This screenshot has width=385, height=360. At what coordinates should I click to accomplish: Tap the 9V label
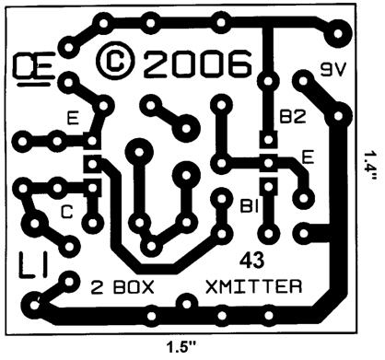(x=333, y=70)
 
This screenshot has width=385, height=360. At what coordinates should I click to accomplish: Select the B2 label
(x=293, y=117)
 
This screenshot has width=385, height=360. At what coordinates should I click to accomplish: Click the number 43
(x=251, y=261)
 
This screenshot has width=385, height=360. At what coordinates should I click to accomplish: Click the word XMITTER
(x=253, y=286)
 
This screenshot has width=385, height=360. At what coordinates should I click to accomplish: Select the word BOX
(x=134, y=287)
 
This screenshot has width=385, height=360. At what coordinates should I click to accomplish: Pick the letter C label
(x=67, y=212)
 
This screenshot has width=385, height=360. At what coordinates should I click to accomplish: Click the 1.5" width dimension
(x=181, y=348)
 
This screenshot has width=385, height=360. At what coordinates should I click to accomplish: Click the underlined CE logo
(x=33, y=70)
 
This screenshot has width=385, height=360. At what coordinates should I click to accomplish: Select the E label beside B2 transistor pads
(x=308, y=158)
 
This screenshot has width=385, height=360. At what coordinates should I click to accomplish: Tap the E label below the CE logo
(x=73, y=119)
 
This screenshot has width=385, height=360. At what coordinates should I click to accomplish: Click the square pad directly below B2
(x=268, y=140)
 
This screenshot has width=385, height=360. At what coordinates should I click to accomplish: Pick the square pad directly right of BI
(x=268, y=187)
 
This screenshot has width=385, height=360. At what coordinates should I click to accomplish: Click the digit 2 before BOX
(x=97, y=287)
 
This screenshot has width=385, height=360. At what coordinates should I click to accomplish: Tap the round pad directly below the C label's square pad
(x=92, y=223)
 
